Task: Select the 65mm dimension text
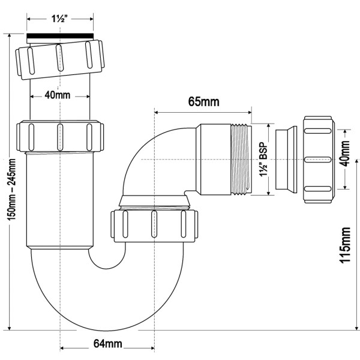(x=203, y=101)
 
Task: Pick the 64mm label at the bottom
(x=108, y=344)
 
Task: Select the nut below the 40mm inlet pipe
(x=60, y=137)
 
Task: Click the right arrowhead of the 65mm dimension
(x=250, y=111)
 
